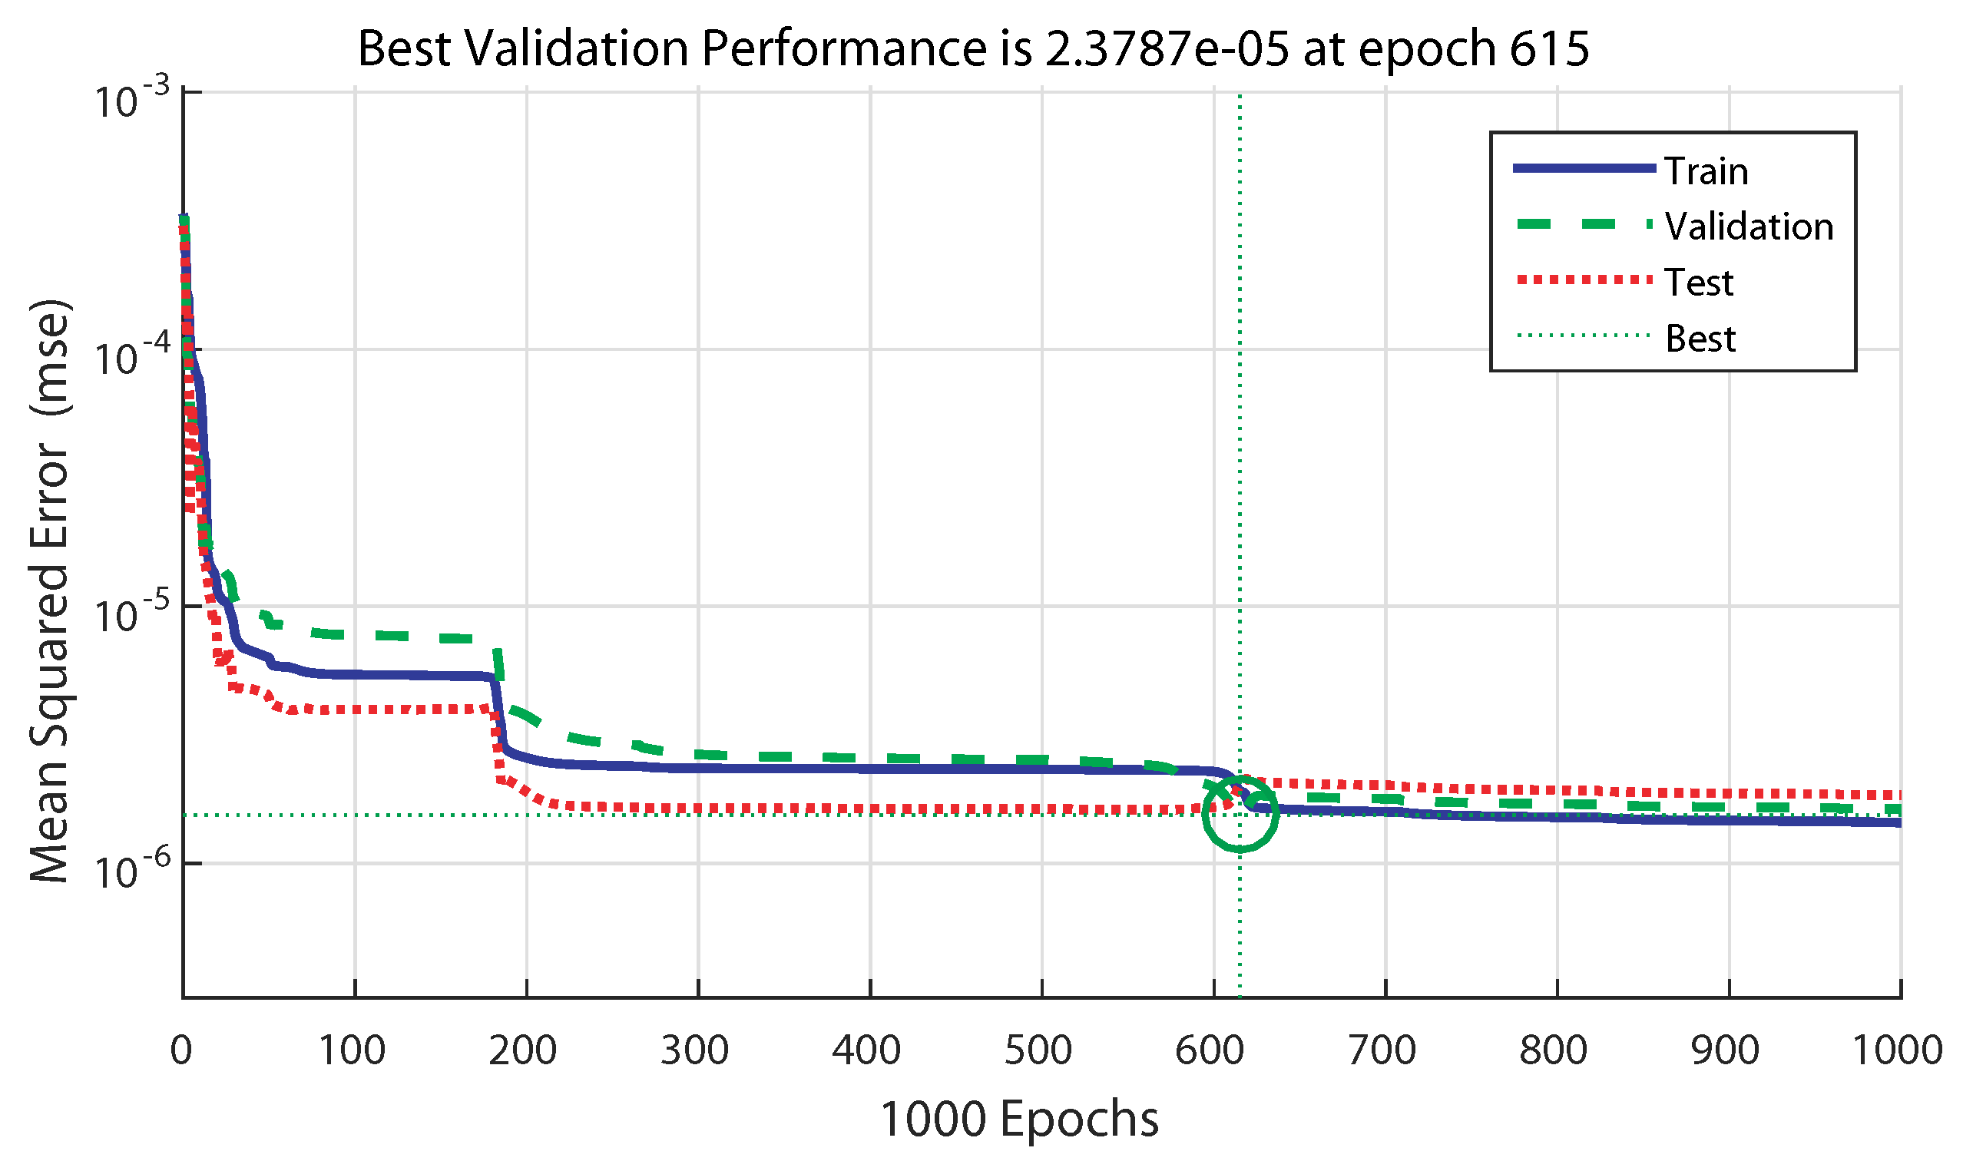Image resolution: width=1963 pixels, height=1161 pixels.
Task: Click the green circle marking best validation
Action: (x=1240, y=815)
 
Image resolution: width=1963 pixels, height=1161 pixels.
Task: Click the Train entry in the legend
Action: (x=1706, y=170)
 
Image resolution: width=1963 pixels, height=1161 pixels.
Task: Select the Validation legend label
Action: (x=1749, y=227)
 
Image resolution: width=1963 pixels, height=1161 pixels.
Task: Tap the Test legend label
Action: (x=1699, y=283)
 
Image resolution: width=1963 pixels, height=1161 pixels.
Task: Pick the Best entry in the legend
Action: (x=1700, y=339)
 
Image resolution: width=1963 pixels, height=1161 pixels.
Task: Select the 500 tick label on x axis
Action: (x=1038, y=1050)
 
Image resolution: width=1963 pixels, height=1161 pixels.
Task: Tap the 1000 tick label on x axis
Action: (x=1896, y=1050)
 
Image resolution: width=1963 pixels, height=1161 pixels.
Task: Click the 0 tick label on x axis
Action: (x=180, y=1050)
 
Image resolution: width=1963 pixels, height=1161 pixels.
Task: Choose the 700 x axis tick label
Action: (x=1382, y=1050)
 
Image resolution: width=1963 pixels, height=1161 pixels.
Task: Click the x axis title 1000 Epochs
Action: (x=1019, y=1120)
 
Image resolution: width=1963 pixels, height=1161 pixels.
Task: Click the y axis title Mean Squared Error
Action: (x=51, y=590)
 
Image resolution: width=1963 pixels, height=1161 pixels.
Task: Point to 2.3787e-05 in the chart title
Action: (x=1166, y=48)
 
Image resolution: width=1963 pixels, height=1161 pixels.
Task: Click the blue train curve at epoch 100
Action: (x=354, y=674)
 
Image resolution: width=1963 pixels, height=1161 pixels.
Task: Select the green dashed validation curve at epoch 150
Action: (x=441, y=637)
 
